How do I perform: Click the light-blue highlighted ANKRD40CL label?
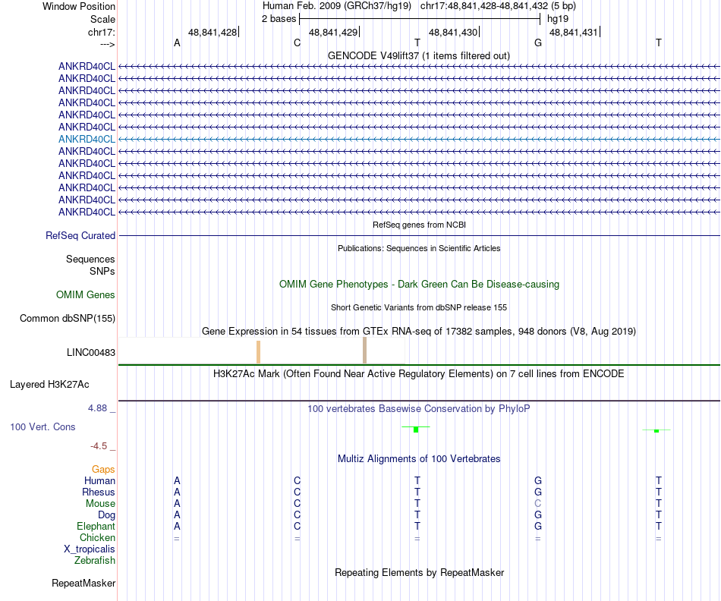click(x=87, y=139)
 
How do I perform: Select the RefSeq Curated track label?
click(x=80, y=236)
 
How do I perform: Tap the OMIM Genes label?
click(x=86, y=294)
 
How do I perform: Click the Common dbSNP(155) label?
click(x=68, y=319)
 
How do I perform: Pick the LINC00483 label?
click(x=91, y=352)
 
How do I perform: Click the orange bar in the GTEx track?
click(x=258, y=352)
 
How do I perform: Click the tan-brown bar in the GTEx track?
click(x=365, y=351)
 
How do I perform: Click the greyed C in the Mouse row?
click(x=537, y=503)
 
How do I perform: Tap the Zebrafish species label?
click(x=95, y=561)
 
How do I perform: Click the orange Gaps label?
click(x=103, y=470)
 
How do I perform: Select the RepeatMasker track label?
click(x=83, y=584)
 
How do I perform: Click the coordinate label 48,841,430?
click(x=453, y=32)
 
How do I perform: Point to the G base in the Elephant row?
click(x=538, y=526)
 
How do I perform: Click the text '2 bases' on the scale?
click(x=279, y=17)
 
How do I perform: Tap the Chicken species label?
click(x=97, y=537)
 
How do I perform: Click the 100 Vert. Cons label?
click(x=43, y=427)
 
